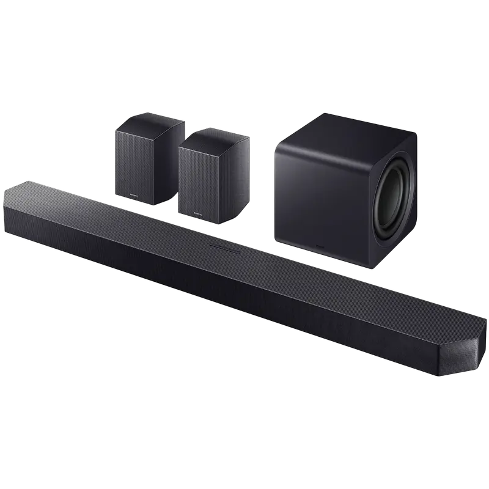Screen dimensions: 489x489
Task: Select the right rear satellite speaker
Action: click(x=211, y=174)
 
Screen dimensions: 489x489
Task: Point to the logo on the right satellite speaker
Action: click(x=197, y=213)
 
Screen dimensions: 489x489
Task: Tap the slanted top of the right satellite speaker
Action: click(x=214, y=136)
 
